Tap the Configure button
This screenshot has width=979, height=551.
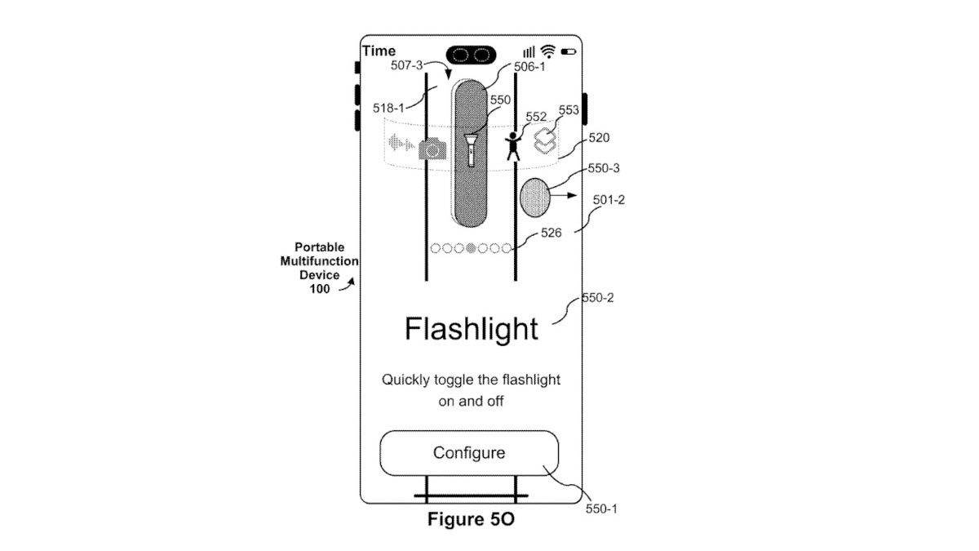469,453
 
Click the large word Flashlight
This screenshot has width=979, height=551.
472,329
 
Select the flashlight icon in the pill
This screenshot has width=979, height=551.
471,149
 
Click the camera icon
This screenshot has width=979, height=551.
433,148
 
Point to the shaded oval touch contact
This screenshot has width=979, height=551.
534,198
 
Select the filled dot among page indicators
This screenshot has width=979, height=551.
471,248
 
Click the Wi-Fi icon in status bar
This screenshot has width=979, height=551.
548,51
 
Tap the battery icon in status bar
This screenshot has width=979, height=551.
569,52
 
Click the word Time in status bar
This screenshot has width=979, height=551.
379,51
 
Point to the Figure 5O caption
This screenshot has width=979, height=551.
472,519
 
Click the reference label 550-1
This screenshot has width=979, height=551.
601,509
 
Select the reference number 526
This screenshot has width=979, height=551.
551,233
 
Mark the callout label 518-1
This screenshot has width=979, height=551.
389,107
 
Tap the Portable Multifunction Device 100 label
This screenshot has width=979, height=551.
320,268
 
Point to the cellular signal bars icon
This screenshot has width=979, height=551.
529,51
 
